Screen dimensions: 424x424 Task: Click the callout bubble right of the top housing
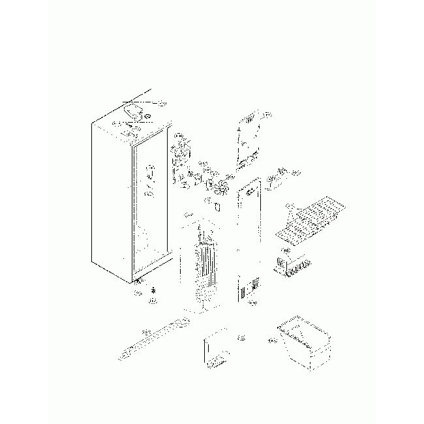(x=162, y=104)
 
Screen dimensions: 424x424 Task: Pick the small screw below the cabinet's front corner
(x=153, y=290)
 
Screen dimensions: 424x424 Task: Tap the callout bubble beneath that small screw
(x=152, y=300)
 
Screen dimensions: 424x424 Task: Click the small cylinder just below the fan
(x=218, y=206)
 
